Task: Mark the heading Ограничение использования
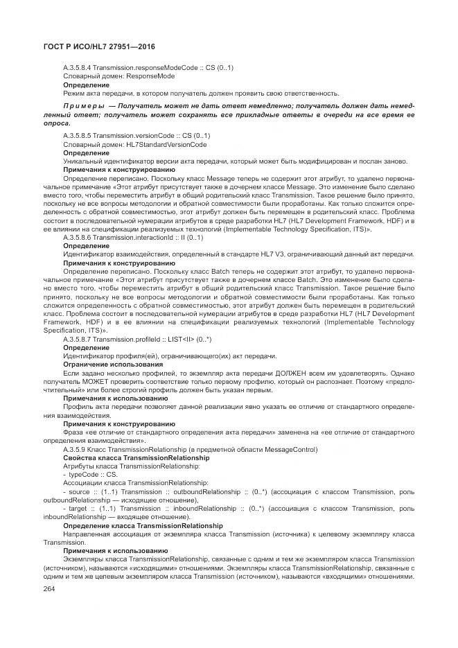point(113,364)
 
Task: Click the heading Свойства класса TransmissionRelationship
point(136,458)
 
